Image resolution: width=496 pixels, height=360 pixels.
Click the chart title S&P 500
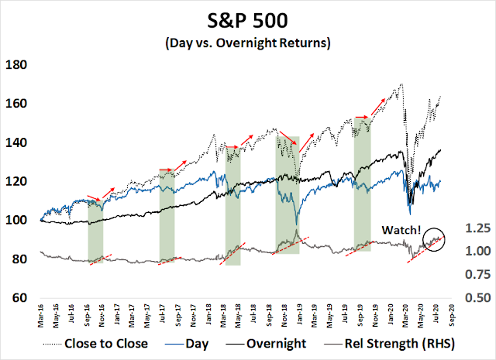pyautogui.click(x=249, y=18)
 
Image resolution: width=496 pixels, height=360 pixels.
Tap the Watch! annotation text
pyautogui.click(x=402, y=231)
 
